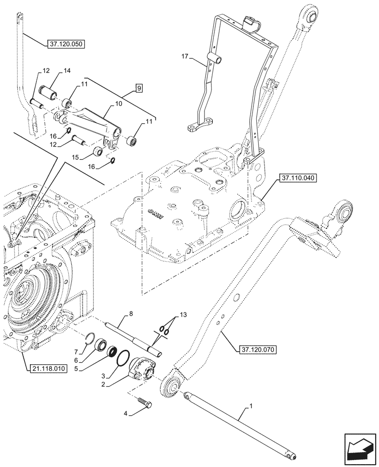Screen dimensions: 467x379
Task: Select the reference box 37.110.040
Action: [x=299, y=178]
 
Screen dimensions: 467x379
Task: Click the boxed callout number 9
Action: [x=139, y=87]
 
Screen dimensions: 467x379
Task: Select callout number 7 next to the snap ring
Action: [x=76, y=351]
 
